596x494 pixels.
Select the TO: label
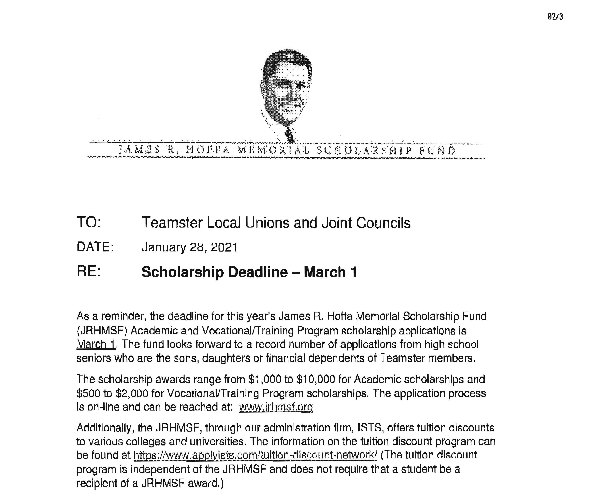point(89,222)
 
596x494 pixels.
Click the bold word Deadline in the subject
point(258,272)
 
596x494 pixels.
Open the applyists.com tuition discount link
point(256,455)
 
